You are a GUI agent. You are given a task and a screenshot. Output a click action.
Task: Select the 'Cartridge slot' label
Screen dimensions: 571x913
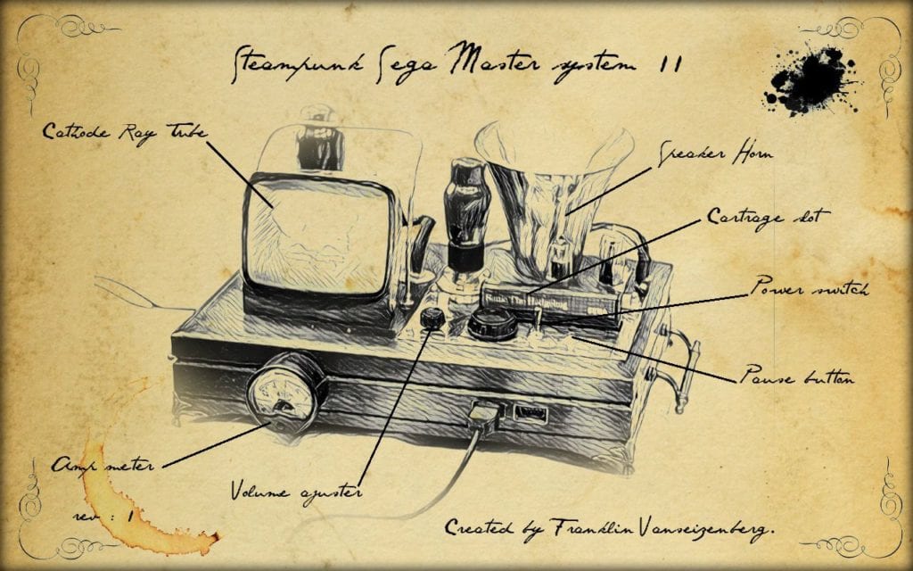[x=768, y=217]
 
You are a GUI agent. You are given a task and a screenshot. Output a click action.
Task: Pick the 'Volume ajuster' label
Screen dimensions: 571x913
[x=296, y=491]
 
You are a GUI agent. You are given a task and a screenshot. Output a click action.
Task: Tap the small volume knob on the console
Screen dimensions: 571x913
[x=432, y=318]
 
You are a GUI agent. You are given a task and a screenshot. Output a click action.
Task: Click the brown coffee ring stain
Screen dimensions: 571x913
[x=134, y=500]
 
